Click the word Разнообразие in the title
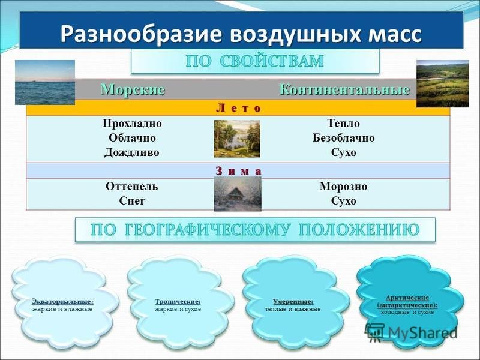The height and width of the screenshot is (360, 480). (x=141, y=34)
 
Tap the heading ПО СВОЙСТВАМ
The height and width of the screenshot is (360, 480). (x=254, y=61)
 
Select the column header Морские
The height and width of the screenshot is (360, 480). (x=133, y=89)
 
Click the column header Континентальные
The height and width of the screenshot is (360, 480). (x=344, y=89)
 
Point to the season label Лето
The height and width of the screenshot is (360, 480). (x=239, y=108)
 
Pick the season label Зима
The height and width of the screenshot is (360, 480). (x=239, y=171)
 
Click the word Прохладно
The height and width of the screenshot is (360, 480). (x=132, y=124)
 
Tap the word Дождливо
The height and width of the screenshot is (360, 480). (x=132, y=152)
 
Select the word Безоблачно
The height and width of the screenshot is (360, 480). (x=343, y=138)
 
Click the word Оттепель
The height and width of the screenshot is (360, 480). (x=132, y=186)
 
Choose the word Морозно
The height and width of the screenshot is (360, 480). (x=343, y=186)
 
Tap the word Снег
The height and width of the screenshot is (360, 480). (x=132, y=201)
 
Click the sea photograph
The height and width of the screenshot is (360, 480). (x=45, y=82)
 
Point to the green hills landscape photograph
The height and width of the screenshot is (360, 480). (x=443, y=84)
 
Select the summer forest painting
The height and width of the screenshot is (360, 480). (x=237, y=139)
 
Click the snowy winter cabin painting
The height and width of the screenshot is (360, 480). (x=238, y=194)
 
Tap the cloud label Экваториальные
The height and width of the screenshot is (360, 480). (x=62, y=302)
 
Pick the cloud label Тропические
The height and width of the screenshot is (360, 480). (x=178, y=302)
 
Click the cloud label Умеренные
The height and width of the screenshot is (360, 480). (x=293, y=302)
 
